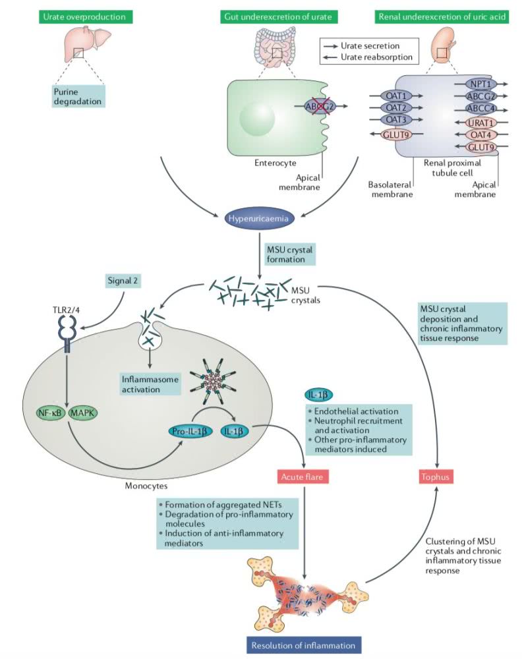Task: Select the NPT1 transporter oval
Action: click(x=480, y=84)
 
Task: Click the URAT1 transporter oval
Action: click(x=480, y=123)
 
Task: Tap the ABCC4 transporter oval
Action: click(x=480, y=109)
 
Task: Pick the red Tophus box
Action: click(x=438, y=476)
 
